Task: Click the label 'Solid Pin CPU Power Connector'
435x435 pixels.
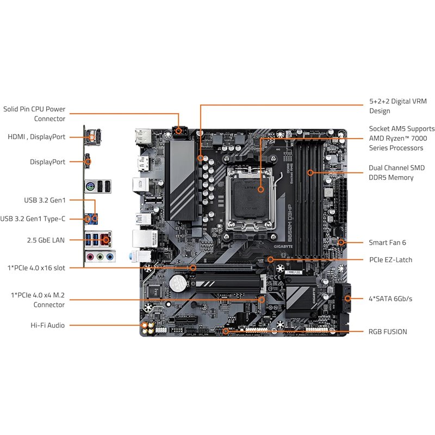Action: click(x=34, y=114)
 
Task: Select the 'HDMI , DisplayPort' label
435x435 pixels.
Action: click(x=36, y=137)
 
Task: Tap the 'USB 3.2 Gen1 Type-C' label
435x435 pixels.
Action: click(x=33, y=219)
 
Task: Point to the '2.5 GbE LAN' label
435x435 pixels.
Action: click(x=46, y=239)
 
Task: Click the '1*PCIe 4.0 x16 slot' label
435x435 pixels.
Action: click(x=37, y=268)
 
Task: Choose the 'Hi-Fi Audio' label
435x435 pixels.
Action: click(x=48, y=325)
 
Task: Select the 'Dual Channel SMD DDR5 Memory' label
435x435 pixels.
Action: click(x=396, y=173)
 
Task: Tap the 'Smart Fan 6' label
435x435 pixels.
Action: click(x=387, y=243)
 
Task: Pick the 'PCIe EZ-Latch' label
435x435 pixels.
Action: click(x=390, y=260)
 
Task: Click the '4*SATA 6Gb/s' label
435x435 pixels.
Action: click(x=390, y=299)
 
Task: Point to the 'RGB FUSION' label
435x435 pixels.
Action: click(x=388, y=332)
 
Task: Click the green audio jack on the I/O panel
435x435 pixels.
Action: click(x=100, y=257)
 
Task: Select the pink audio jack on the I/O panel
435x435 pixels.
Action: click(x=90, y=257)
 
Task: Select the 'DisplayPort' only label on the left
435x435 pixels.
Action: click(x=48, y=162)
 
